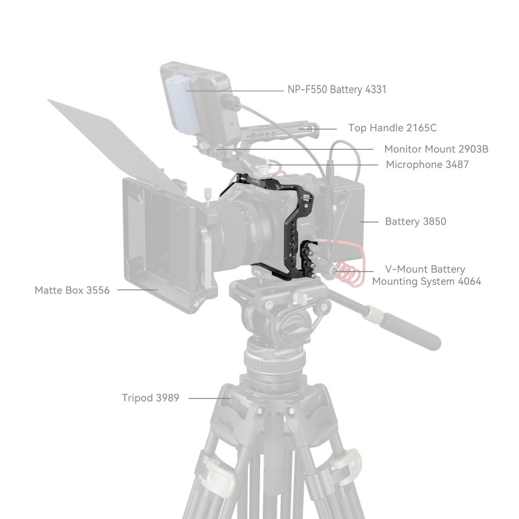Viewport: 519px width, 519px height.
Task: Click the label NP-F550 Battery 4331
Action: (x=337, y=90)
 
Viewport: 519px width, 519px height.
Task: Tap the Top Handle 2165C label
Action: (x=392, y=128)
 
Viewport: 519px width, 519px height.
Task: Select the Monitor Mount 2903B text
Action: (x=436, y=149)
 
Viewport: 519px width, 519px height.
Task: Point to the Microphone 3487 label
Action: (x=428, y=165)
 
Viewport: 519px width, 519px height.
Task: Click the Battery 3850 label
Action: (x=415, y=221)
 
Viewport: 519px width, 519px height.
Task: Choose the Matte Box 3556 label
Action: (x=72, y=290)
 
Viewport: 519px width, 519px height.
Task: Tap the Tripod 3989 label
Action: (x=151, y=398)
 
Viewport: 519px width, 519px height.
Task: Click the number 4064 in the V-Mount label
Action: (x=469, y=282)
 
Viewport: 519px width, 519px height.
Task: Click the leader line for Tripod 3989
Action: (x=210, y=398)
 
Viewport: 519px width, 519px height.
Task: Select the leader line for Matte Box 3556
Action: (x=138, y=289)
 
